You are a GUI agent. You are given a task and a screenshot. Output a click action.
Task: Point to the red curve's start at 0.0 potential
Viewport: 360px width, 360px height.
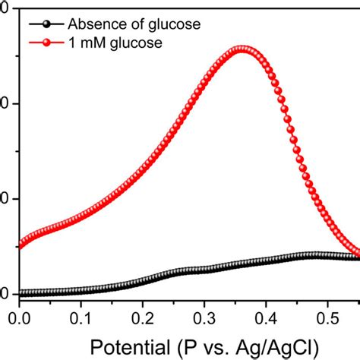[21, 245]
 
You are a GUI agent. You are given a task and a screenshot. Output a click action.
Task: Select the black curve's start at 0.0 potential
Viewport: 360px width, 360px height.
[21, 293]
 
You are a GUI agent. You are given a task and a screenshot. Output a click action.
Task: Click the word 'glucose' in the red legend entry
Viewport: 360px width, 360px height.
[136, 44]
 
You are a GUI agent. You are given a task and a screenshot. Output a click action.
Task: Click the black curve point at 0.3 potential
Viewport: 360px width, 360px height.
[204, 270]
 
